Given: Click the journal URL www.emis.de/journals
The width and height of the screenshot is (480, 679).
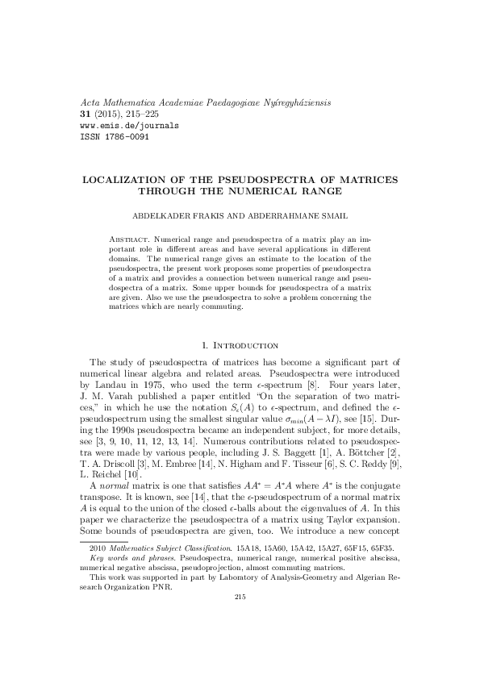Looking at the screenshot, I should point(125,126).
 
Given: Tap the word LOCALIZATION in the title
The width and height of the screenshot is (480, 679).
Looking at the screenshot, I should point(127,177).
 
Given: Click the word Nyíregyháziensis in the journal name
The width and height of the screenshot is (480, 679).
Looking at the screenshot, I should point(289,103).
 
